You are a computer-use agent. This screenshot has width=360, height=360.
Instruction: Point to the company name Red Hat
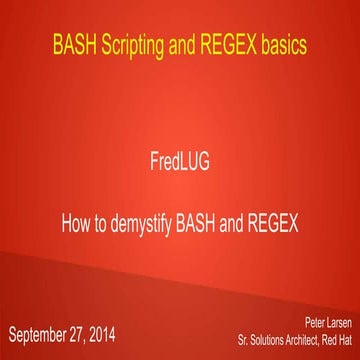click(x=336, y=338)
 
